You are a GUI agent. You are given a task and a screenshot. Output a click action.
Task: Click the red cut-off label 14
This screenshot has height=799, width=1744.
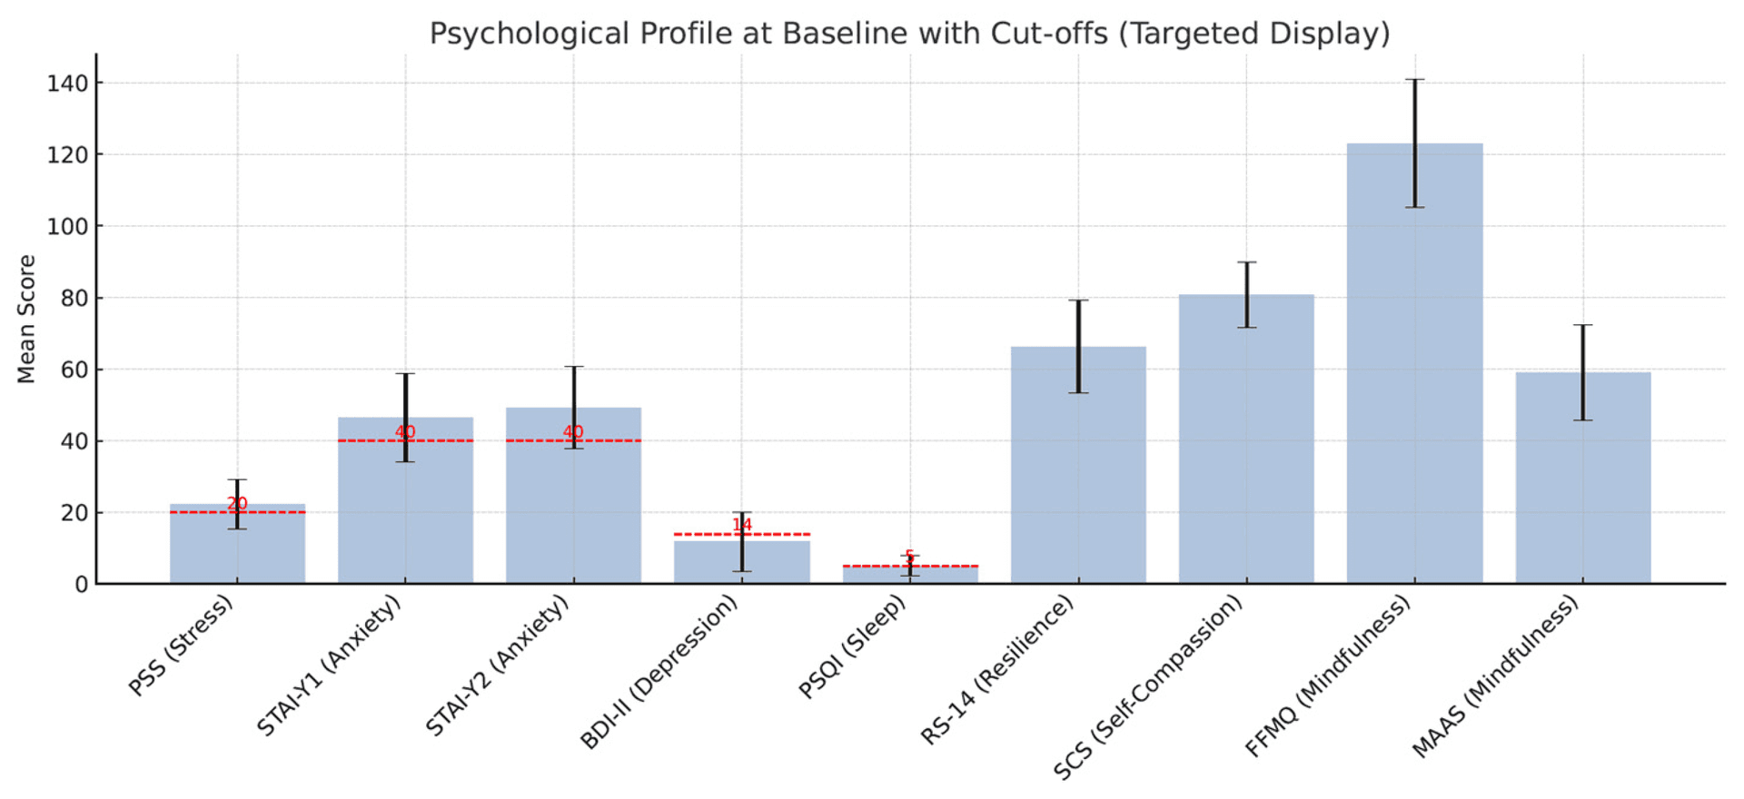click(742, 525)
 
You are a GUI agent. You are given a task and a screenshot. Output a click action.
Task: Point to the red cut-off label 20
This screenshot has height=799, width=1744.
click(237, 503)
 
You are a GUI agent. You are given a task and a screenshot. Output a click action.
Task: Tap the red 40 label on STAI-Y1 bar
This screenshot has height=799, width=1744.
click(405, 431)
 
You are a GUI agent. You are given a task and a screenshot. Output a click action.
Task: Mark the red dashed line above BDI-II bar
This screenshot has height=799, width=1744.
click(699, 534)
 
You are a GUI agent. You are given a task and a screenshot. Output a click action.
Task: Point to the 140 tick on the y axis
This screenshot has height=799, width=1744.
click(68, 84)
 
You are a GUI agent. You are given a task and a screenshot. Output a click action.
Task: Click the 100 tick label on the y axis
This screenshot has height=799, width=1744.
click(68, 226)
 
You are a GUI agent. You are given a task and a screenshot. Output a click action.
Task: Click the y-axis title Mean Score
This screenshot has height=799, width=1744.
click(26, 319)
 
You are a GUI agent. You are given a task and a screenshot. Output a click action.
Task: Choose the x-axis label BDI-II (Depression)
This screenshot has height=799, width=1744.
click(660, 672)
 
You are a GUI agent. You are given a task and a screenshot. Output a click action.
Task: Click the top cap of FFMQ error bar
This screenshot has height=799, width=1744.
click(1415, 80)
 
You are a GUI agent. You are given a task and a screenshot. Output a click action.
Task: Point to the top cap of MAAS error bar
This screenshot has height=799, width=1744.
click(1583, 325)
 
